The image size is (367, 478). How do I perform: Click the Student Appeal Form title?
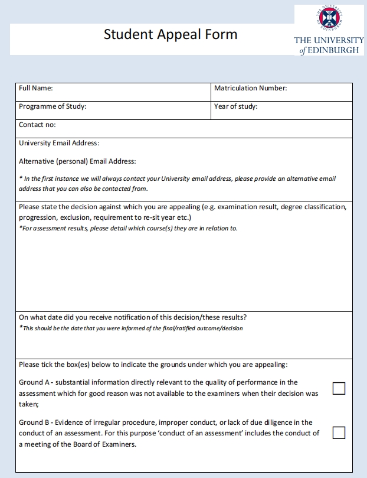171,34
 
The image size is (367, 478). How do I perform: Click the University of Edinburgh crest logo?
329,18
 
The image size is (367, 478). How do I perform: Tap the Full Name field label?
35,88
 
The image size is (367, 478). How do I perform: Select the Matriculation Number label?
250,88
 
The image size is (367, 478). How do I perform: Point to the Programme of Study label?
53,106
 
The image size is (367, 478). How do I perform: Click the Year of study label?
235,106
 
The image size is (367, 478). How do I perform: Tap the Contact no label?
37,125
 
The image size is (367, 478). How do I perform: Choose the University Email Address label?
59,143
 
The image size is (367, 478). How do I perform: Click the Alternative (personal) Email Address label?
77,161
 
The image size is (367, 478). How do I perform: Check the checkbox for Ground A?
339,388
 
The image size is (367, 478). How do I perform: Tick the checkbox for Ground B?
339,433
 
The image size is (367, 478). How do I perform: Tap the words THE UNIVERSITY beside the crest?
329,40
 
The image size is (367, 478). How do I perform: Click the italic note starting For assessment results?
128,228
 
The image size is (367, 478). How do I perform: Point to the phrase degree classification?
311,207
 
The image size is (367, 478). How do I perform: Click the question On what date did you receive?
133,317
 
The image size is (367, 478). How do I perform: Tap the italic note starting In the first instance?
177,178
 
